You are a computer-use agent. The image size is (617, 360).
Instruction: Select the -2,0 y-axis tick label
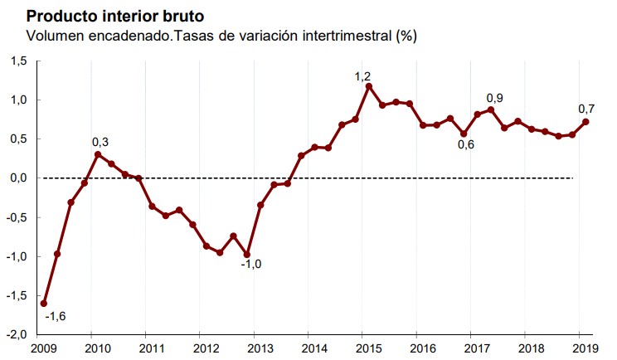[x=17, y=334]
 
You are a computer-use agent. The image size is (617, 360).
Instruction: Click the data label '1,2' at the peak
[x=362, y=76]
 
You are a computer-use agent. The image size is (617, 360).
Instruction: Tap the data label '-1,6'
[x=56, y=316]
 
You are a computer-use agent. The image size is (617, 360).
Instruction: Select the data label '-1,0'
[x=251, y=265]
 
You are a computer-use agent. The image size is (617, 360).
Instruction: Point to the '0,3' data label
[x=100, y=142]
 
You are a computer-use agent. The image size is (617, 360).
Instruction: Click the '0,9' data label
[x=495, y=98]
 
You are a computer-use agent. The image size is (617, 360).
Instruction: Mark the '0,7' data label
[x=587, y=109]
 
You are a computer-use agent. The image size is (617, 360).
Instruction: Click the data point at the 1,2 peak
[x=369, y=85]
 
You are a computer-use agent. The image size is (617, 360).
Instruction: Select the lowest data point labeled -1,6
[x=44, y=304]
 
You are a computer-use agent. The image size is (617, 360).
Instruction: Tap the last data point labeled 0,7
[x=586, y=122]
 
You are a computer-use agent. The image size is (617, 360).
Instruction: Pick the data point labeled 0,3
[x=98, y=154]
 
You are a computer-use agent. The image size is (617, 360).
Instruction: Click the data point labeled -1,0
[x=247, y=255]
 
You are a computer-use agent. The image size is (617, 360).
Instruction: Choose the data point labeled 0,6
[x=464, y=134]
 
